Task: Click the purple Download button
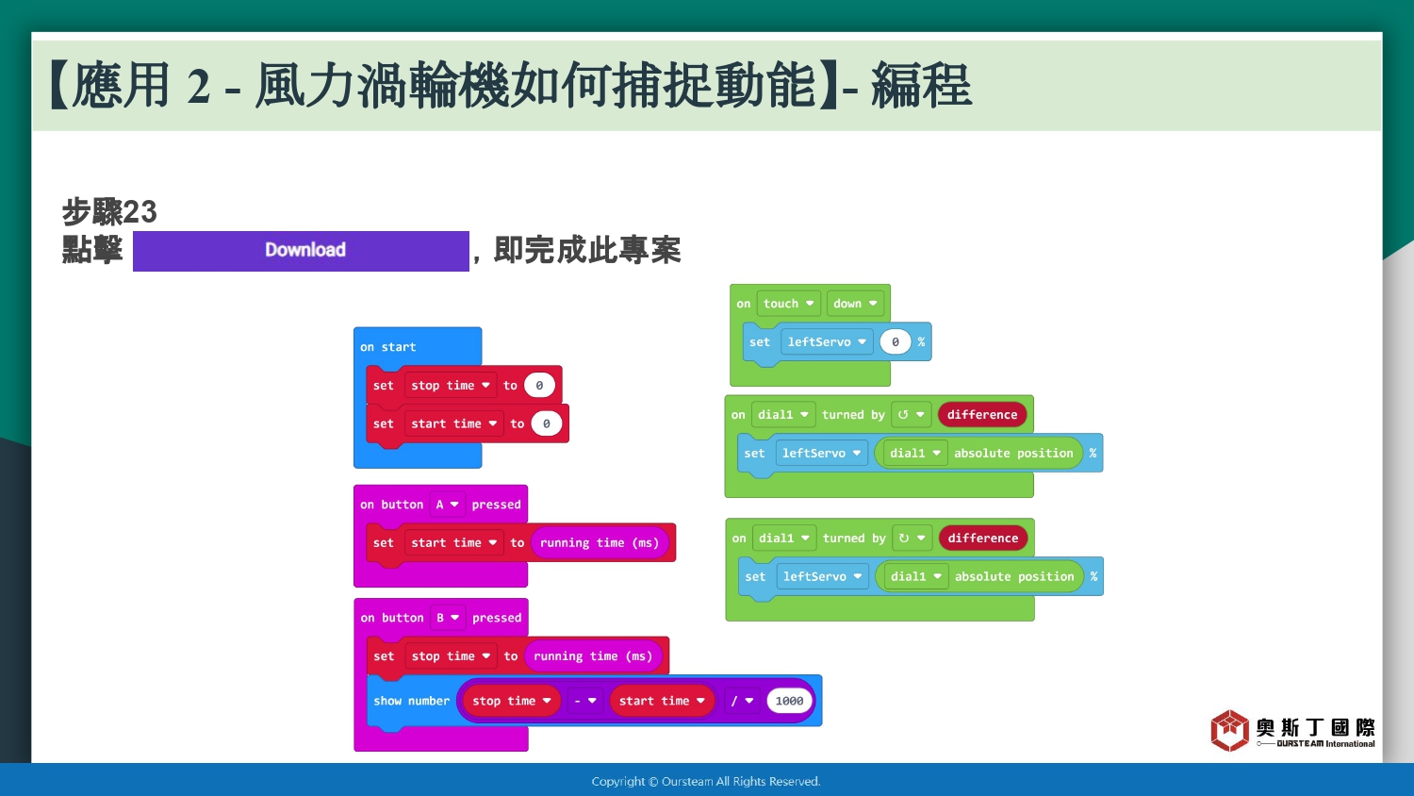[301, 251]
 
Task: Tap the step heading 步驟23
[109, 211]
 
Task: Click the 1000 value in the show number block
[789, 701]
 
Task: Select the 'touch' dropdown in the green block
[788, 304]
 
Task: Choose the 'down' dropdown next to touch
[855, 304]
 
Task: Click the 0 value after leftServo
[896, 341]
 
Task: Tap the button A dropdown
[447, 505]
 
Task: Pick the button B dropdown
[448, 618]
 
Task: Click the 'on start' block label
[388, 347]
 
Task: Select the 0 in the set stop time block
[539, 386]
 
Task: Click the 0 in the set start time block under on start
[546, 423]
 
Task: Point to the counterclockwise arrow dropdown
[911, 415]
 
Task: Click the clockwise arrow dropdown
[912, 539]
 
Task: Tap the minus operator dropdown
[585, 701]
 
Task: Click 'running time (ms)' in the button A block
[599, 542]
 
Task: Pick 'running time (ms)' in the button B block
[593, 656]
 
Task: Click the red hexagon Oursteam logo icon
[1229, 730]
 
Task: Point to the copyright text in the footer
[706, 782]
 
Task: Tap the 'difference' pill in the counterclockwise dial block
[982, 415]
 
